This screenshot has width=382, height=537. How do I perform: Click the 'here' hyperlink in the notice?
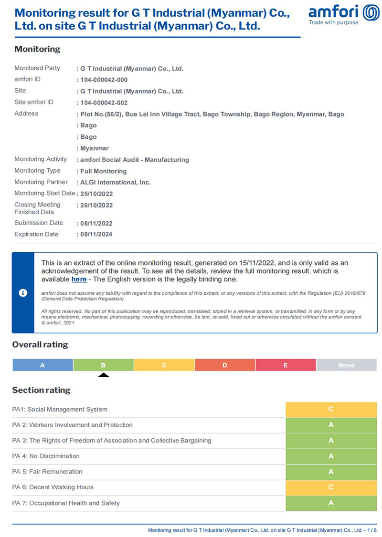[79, 279]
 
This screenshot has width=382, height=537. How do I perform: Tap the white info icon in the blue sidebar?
[23, 293]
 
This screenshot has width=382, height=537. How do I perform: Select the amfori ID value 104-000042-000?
[104, 80]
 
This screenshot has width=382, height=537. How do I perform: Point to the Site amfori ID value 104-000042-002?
[104, 103]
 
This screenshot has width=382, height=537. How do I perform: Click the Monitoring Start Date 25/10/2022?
[96, 194]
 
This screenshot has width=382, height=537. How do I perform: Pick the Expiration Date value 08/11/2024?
[96, 235]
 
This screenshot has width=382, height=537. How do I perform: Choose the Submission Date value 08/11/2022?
[96, 223]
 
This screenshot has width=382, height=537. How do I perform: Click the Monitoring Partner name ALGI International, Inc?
[115, 182]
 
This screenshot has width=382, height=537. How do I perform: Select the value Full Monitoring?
[103, 171]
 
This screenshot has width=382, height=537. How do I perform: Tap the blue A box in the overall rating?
[42, 365]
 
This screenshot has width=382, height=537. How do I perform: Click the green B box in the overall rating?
[103, 365]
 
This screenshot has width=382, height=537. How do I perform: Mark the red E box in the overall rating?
[286, 365]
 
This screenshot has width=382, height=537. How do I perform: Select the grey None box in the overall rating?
[346, 365]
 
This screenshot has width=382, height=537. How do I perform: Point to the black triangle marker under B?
[103, 375]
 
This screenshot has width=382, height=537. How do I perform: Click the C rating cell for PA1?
[331, 409]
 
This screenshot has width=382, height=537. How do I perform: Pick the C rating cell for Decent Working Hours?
[331, 487]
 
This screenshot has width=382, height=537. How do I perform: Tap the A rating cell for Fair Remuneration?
[331, 472]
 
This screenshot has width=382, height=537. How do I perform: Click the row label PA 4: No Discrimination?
[46, 456]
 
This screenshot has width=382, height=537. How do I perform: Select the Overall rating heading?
[40, 344]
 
